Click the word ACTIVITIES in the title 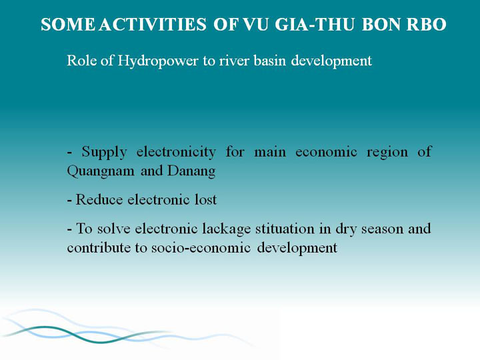coord(153,25)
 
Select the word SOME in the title coord(68,25)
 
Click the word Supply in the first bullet coord(104,152)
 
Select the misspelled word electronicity coord(176,152)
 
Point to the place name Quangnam coord(101,171)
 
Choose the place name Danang coord(191,171)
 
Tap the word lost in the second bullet coord(206,199)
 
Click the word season coord(383,229)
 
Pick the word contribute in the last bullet coord(99,247)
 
